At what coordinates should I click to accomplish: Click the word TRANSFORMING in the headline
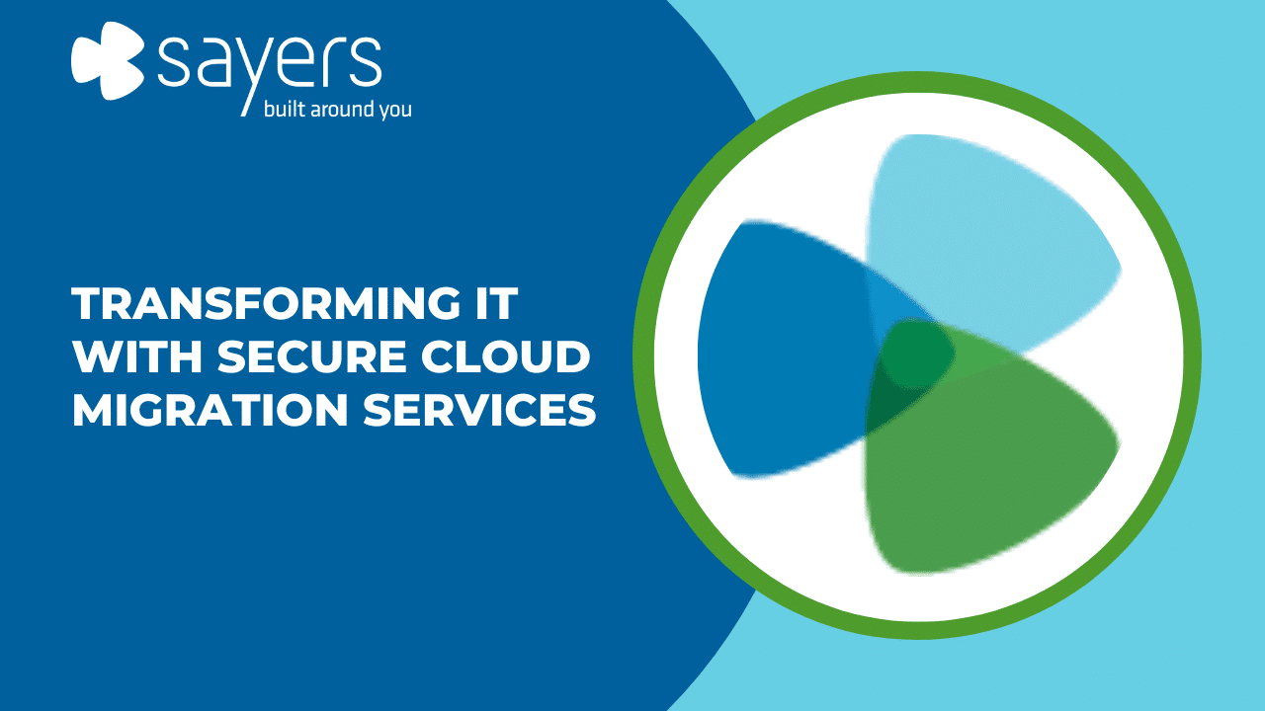(x=266, y=303)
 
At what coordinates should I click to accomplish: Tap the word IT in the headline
(x=495, y=303)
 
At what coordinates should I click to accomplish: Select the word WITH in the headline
(x=137, y=356)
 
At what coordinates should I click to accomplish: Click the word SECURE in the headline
(x=311, y=356)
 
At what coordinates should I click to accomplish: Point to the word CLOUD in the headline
(x=505, y=356)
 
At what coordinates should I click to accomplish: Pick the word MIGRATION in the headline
(x=211, y=409)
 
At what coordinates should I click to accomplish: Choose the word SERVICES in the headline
(x=479, y=409)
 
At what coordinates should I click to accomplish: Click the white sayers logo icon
(x=108, y=60)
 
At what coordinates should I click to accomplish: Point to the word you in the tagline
(x=395, y=112)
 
